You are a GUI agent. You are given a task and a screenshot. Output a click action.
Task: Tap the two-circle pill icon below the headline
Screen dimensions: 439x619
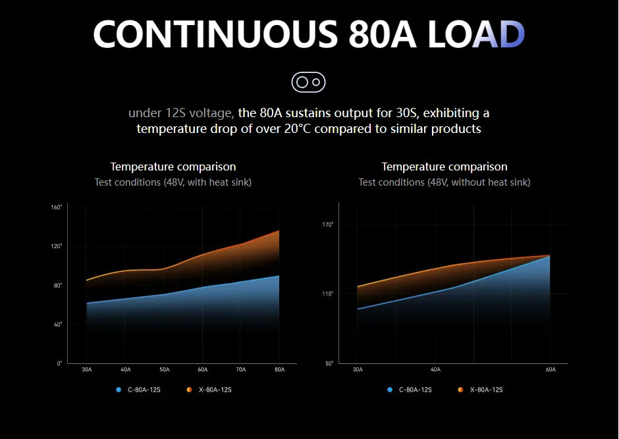click(309, 82)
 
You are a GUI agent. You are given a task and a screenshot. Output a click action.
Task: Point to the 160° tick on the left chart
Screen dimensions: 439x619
click(57, 207)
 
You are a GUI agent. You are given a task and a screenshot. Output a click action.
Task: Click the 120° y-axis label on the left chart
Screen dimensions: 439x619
click(57, 246)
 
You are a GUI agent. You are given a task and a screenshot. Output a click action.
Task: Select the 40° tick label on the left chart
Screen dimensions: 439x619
click(58, 324)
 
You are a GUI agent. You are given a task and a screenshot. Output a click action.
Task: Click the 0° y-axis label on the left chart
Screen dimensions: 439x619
click(59, 363)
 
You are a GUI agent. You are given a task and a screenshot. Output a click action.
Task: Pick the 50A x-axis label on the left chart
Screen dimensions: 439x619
click(165, 370)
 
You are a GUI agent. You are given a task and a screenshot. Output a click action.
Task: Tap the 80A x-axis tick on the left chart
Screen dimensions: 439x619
click(280, 370)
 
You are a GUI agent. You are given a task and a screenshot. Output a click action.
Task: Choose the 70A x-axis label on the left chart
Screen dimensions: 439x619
click(241, 370)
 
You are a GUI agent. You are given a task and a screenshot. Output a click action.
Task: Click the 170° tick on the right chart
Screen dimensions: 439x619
click(328, 225)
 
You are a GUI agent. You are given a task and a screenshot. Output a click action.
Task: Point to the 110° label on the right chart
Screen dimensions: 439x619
click(328, 294)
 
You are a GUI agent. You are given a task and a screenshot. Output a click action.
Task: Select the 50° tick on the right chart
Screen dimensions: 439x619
click(329, 363)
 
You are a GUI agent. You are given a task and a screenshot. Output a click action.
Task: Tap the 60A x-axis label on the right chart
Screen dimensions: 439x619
click(551, 370)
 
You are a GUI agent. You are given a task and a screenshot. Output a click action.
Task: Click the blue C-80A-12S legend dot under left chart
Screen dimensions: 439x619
click(119, 390)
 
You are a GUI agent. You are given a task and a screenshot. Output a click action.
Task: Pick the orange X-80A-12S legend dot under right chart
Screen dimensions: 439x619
click(460, 390)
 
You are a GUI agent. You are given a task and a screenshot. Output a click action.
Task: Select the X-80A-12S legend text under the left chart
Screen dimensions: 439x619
click(215, 390)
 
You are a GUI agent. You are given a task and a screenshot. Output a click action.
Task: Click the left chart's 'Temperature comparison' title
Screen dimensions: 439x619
click(173, 167)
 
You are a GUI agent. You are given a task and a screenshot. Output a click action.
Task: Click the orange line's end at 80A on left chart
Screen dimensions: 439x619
click(279, 231)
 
